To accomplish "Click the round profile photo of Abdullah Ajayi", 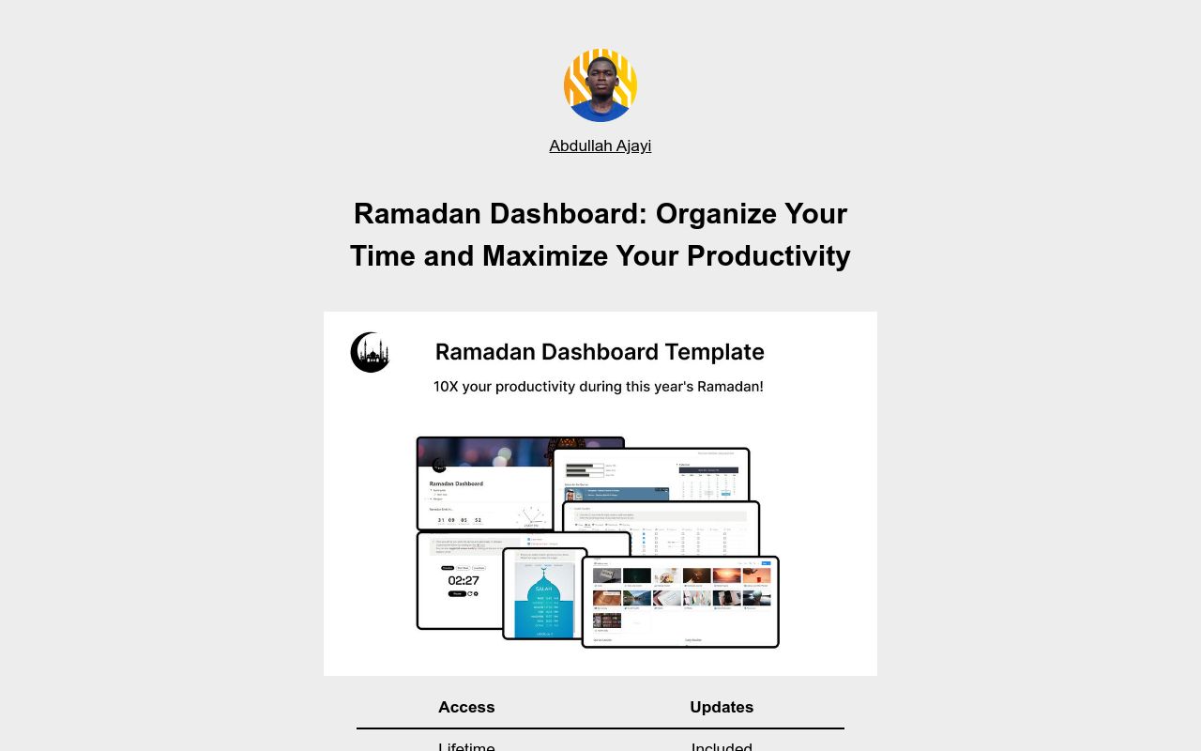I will tap(600, 85).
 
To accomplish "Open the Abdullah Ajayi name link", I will tap(600, 146).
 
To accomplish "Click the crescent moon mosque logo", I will tap(370, 352).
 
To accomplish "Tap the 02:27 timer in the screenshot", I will tap(464, 580).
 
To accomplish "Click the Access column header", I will tap(466, 707).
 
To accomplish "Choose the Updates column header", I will tap(722, 707).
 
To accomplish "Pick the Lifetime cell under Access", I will tap(466, 746).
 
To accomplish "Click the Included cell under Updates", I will tap(722, 746).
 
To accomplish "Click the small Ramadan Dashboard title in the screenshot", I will tap(456, 483).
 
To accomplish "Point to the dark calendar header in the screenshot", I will tap(708, 469).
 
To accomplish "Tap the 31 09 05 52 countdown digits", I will tap(460, 519).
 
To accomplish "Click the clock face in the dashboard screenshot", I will tap(531, 516).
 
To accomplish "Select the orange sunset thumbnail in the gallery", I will tap(726, 575).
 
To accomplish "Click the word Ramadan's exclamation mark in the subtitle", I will tap(761, 386).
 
